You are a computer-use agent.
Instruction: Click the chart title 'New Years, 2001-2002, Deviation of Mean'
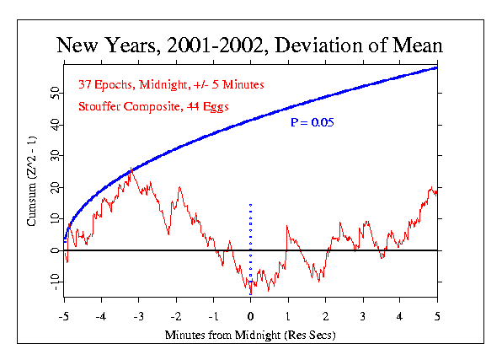point(249,45)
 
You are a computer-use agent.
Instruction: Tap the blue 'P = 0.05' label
point(312,122)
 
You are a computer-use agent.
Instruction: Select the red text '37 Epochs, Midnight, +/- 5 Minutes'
point(171,84)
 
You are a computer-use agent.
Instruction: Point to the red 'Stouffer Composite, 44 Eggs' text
point(153,106)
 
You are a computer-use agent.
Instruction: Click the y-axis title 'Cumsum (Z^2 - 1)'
point(31,181)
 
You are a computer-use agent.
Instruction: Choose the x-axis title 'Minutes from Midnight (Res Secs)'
point(250,335)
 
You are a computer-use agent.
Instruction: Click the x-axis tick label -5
point(64,317)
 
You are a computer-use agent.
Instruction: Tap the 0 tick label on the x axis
point(251,317)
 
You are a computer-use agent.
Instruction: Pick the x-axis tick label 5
point(437,317)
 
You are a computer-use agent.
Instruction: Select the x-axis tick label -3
point(139,317)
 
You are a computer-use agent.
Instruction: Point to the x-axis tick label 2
point(326,317)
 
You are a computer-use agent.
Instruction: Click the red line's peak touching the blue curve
point(131,168)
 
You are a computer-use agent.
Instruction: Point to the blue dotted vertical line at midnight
point(251,249)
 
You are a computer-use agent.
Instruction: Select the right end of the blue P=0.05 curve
point(436,68)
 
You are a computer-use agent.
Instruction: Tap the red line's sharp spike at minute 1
point(287,226)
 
